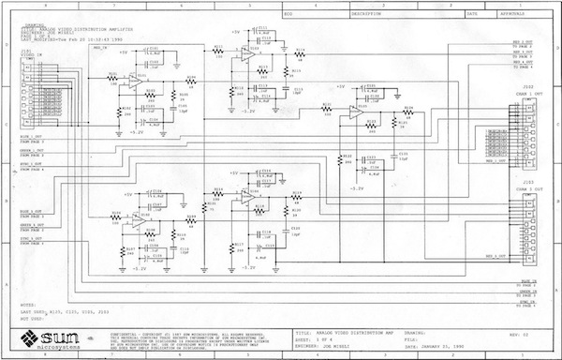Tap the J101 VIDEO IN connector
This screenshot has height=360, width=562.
[x=32, y=102]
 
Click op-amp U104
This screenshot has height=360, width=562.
[x=245, y=197]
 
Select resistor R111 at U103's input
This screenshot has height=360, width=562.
[x=218, y=51]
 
